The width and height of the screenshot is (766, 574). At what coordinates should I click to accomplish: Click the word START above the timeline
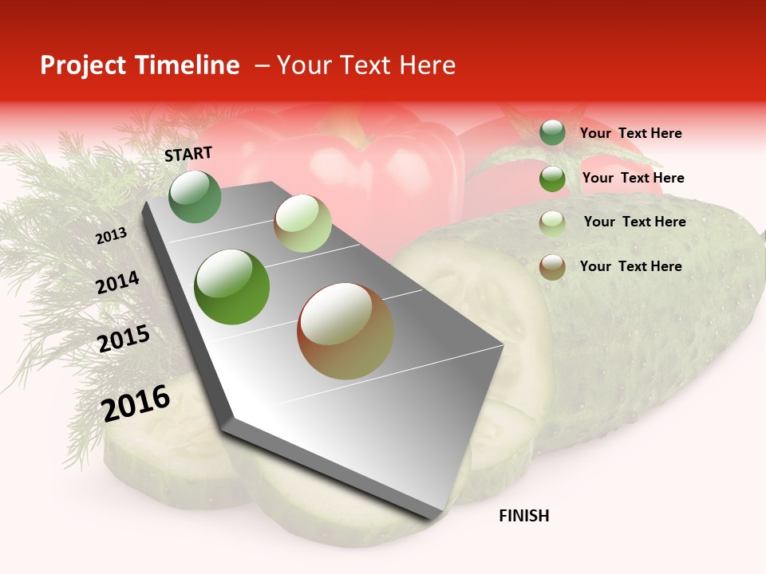(x=188, y=154)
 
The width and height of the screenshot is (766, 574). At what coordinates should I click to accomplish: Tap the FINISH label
(x=523, y=516)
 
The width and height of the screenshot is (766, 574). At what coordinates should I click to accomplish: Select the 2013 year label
(x=111, y=235)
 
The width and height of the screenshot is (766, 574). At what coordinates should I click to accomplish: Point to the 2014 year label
(x=117, y=283)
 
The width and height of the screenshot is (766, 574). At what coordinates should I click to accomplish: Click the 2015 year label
(x=124, y=339)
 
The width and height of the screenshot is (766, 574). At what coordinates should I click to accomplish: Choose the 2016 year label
(x=136, y=403)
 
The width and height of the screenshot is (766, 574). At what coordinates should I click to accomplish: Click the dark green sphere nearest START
(x=195, y=197)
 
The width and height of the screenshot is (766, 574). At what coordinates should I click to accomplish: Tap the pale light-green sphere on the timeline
(x=302, y=223)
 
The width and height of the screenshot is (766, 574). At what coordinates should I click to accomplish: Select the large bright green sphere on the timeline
(x=232, y=287)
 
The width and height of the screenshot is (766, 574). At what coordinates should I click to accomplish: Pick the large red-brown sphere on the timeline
(x=345, y=331)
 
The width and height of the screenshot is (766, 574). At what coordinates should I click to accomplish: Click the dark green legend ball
(x=552, y=132)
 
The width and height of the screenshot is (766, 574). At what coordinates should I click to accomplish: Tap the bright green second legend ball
(x=552, y=179)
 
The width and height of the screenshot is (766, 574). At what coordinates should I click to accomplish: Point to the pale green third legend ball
(x=552, y=223)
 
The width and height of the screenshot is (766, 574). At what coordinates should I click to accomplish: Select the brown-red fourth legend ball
(x=552, y=267)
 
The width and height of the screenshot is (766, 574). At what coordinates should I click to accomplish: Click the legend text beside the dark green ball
(x=630, y=133)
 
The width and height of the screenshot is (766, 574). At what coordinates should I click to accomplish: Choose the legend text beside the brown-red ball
(x=630, y=266)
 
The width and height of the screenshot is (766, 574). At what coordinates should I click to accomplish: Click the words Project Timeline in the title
(x=140, y=65)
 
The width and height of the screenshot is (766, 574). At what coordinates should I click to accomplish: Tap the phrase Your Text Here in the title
(x=366, y=65)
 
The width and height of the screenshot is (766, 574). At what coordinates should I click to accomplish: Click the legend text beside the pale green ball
(x=634, y=222)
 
